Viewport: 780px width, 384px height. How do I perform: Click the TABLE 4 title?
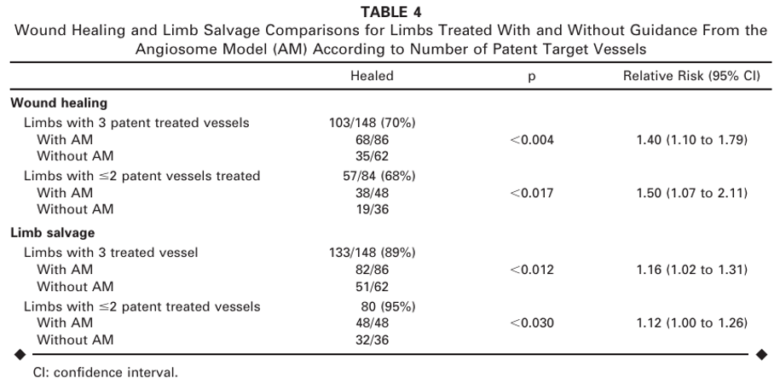390,13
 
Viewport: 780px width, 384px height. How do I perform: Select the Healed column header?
372,76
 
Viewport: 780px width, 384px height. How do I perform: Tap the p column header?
531,76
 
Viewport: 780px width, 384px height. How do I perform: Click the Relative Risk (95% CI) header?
691,76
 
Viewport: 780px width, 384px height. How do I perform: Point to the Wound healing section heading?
59,103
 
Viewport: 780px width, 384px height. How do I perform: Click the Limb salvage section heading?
52,233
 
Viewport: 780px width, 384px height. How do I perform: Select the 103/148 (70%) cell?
372,123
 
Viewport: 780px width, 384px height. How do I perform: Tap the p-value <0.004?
531,139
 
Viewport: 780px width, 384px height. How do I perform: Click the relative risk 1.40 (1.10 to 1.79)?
691,139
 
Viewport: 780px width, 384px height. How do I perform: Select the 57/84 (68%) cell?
372,177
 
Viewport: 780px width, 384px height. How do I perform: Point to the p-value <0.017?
531,193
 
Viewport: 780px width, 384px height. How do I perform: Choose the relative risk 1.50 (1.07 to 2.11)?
691,193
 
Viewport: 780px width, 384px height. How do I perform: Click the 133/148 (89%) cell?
372,253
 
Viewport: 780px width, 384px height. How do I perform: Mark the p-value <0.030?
531,323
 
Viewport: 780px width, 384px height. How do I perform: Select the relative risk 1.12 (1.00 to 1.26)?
691,323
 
